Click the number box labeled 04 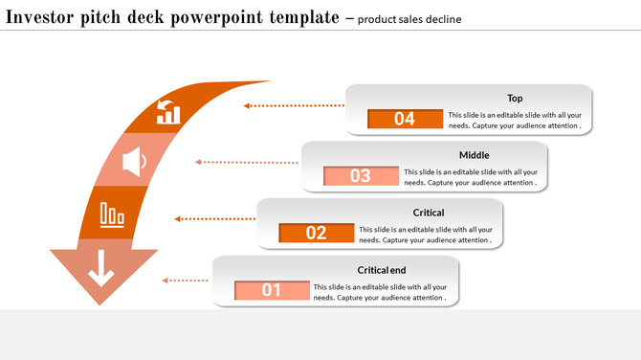(x=405, y=119)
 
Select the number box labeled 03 (x=361, y=175)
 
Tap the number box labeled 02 (x=316, y=233)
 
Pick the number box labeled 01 (x=272, y=289)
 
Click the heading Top (x=515, y=98)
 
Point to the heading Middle (x=474, y=155)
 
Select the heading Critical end (x=382, y=270)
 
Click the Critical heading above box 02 (x=428, y=213)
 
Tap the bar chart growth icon (x=168, y=111)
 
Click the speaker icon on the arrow (x=134, y=161)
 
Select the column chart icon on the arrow (x=112, y=214)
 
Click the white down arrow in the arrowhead (x=100, y=272)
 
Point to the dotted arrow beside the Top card (x=293, y=105)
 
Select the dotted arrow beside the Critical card (x=215, y=219)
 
